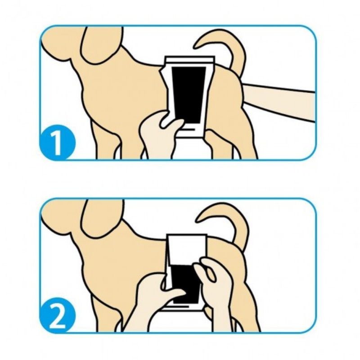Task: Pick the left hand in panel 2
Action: click(153, 297)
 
